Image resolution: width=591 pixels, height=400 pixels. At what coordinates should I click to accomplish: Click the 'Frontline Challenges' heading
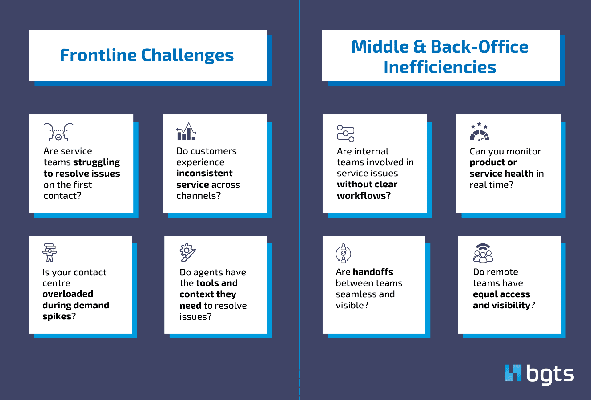(x=147, y=55)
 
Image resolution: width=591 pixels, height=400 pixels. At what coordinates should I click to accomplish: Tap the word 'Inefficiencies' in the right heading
(x=440, y=67)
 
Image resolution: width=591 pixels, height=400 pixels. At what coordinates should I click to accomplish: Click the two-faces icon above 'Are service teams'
(x=58, y=132)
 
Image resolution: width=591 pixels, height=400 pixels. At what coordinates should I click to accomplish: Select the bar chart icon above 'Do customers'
(x=186, y=132)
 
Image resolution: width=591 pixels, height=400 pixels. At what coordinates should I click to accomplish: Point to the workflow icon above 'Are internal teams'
(x=345, y=133)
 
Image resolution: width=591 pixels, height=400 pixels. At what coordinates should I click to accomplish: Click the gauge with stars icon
(x=479, y=132)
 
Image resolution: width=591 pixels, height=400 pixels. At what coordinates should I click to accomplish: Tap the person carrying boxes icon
(x=50, y=253)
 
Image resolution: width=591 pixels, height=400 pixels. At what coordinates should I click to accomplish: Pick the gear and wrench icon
(x=187, y=253)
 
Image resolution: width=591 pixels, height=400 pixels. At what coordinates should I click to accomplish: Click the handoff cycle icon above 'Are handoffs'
(x=343, y=253)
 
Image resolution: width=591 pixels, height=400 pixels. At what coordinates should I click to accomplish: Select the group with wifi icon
(x=483, y=253)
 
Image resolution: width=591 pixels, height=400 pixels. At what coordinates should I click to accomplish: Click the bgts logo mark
(x=513, y=373)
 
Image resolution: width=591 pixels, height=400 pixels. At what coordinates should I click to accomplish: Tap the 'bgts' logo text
(x=550, y=374)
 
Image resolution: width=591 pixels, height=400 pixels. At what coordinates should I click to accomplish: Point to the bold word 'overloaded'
(x=68, y=294)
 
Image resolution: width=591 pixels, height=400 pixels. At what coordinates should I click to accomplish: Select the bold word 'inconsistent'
(x=204, y=173)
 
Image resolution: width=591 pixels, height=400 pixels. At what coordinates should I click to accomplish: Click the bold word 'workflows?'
(x=364, y=196)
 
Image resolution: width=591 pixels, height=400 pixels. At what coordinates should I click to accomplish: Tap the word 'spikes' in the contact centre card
(x=57, y=316)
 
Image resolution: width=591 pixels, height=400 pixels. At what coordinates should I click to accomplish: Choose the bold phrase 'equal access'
(x=501, y=294)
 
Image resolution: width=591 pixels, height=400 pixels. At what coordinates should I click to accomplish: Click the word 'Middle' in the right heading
(x=380, y=47)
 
